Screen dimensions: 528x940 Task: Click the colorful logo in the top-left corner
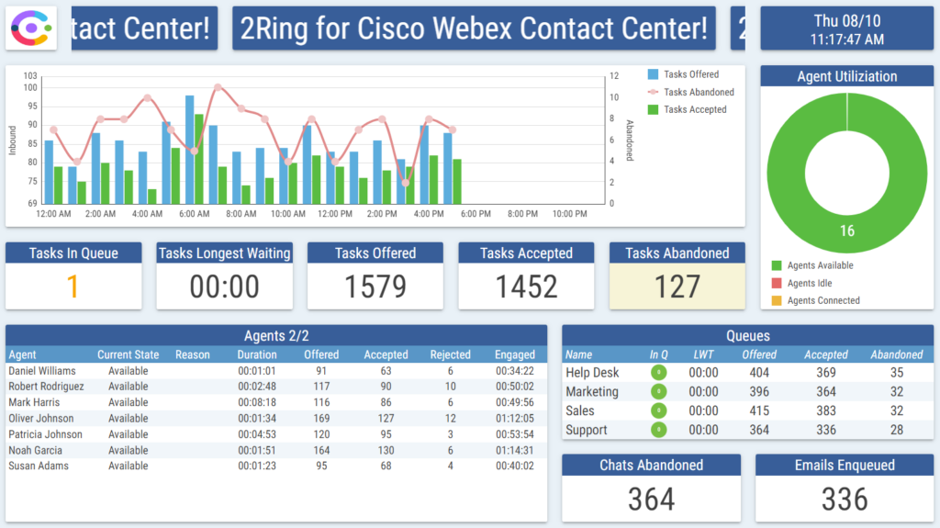31,28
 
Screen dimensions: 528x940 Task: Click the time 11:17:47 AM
847,39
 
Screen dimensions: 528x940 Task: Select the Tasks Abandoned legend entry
699,92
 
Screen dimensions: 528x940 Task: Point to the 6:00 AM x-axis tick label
194,214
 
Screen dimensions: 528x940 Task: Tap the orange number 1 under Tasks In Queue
73,287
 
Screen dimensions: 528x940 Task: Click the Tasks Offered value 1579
375,287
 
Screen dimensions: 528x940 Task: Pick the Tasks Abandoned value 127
677,287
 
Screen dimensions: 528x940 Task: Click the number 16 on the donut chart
846,230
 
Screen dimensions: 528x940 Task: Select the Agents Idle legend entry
810,284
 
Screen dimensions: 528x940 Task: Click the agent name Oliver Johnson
40,419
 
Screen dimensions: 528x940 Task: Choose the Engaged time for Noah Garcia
515,451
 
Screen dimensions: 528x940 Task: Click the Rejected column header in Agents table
450,354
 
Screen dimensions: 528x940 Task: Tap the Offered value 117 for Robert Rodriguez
321,387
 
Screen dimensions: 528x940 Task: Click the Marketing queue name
592,392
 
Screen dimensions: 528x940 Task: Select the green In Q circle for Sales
658,411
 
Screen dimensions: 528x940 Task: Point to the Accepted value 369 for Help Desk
826,373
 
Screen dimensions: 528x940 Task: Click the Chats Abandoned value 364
651,500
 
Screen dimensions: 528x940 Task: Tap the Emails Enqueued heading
845,466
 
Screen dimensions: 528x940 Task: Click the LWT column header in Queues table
703,354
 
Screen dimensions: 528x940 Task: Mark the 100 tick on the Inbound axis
30,88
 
